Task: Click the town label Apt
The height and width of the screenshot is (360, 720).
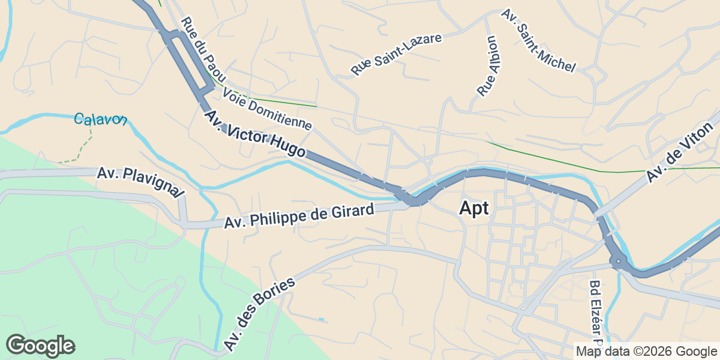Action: coord(474,208)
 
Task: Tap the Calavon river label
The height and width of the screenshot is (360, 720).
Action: coord(100,119)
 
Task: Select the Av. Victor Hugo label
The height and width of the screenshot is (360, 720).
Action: coord(254,134)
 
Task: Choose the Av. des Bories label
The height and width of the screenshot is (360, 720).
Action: coord(259,314)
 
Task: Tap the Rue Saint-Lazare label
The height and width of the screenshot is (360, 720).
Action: coord(396,55)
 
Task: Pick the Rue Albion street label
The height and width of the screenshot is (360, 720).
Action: coord(488,66)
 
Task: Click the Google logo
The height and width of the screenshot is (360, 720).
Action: coord(41,346)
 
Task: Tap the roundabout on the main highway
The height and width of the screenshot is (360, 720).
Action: coord(617,261)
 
